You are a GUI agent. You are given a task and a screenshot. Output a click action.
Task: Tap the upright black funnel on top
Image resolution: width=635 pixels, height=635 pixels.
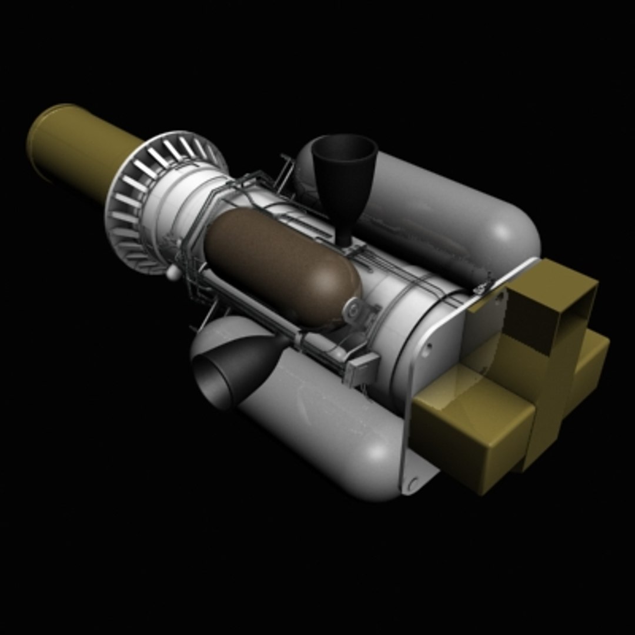tap(344, 171)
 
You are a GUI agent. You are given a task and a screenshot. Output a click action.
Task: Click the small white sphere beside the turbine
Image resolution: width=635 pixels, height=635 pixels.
tap(172, 272)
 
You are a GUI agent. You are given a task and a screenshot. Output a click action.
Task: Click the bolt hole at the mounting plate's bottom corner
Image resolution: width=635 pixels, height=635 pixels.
tap(413, 484)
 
